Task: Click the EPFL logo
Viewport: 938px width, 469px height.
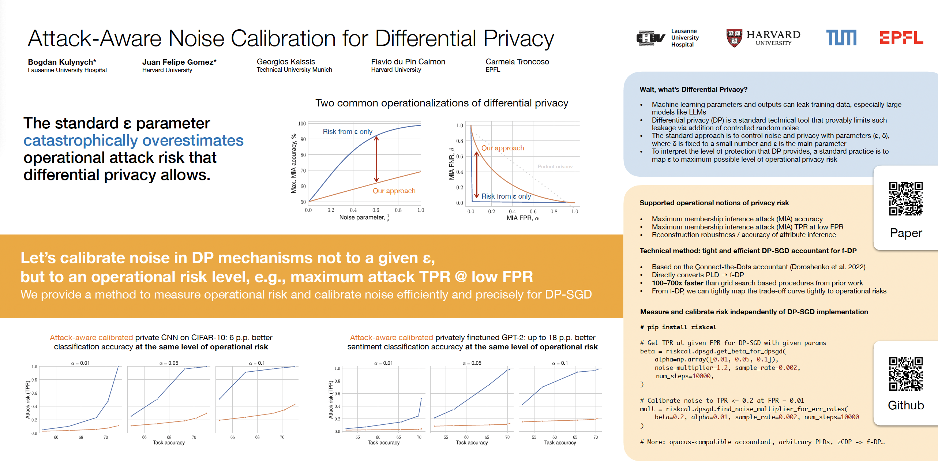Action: pyautogui.click(x=901, y=38)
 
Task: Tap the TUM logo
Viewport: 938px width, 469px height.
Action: pyautogui.click(x=841, y=38)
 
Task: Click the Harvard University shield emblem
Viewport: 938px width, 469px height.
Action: pyautogui.click(x=734, y=38)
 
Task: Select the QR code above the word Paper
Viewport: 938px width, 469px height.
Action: pyautogui.click(x=906, y=198)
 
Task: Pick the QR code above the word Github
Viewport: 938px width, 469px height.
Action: pyautogui.click(x=906, y=374)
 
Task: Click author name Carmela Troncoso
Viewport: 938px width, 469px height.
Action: pyautogui.click(x=517, y=62)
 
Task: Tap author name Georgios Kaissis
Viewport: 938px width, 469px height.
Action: pyautogui.click(x=286, y=62)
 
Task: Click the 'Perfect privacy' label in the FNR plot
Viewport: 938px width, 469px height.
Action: pyautogui.click(x=555, y=166)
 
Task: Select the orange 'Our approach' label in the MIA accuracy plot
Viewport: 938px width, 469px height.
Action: pyautogui.click(x=394, y=191)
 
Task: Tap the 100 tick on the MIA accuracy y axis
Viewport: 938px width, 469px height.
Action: pyautogui.click(x=302, y=124)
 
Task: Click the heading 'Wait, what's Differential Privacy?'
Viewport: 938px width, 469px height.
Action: pyautogui.click(x=693, y=90)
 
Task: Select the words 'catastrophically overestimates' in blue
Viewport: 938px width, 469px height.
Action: pyautogui.click(x=134, y=140)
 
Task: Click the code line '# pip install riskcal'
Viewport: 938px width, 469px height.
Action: pyautogui.click(x=678, y=327)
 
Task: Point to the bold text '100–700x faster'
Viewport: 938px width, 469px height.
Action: pyautogui.click(x=677, y=283)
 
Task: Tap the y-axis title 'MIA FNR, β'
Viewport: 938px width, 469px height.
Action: pyautogui.click(x=451, y=164)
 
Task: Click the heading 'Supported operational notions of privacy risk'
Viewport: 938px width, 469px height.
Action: pyautogui.click(x=714, y=203)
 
